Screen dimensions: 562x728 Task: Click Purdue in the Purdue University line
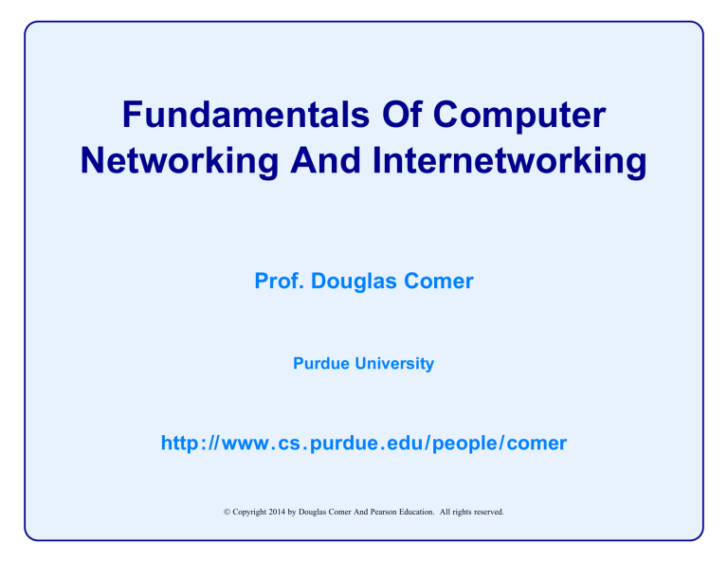(318, 363)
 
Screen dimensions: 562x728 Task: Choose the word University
(393, 363)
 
